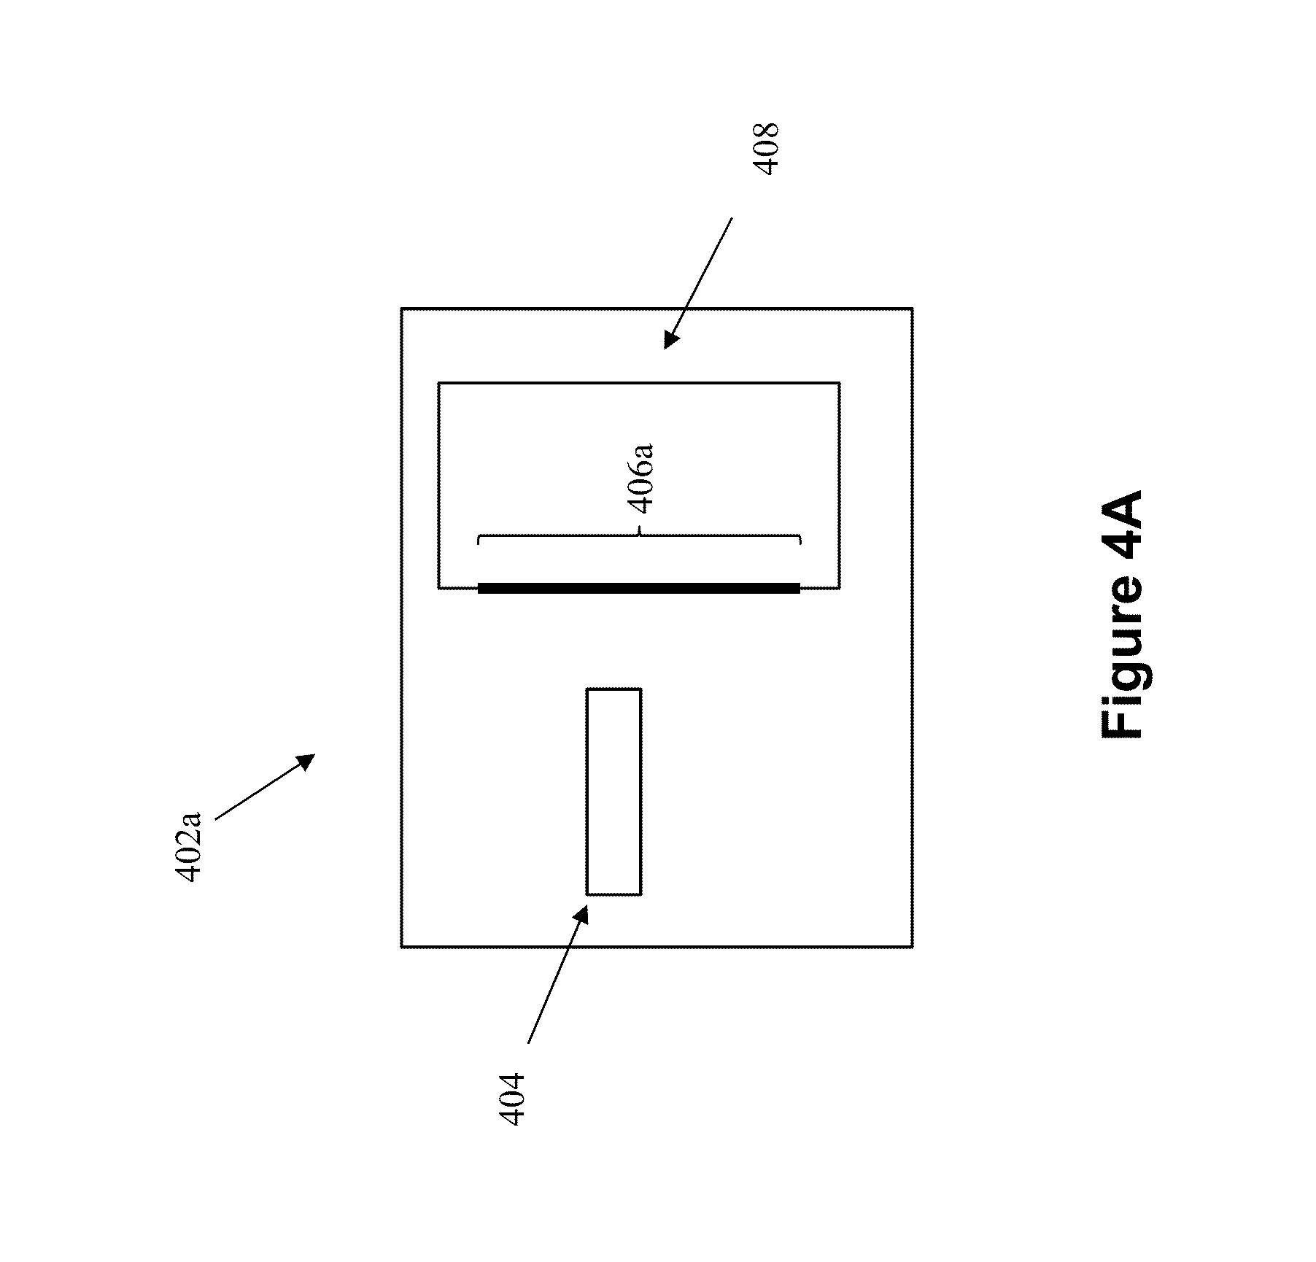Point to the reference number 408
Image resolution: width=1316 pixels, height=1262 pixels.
[x=766, y=148]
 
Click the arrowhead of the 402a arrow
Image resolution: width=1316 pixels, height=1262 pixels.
[x=306, y=760]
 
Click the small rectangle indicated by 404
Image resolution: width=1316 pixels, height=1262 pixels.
[x=614, y=791]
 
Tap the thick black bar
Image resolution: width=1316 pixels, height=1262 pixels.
[x=639, y=587]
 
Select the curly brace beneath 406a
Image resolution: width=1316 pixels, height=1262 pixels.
[x=639, y=540]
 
